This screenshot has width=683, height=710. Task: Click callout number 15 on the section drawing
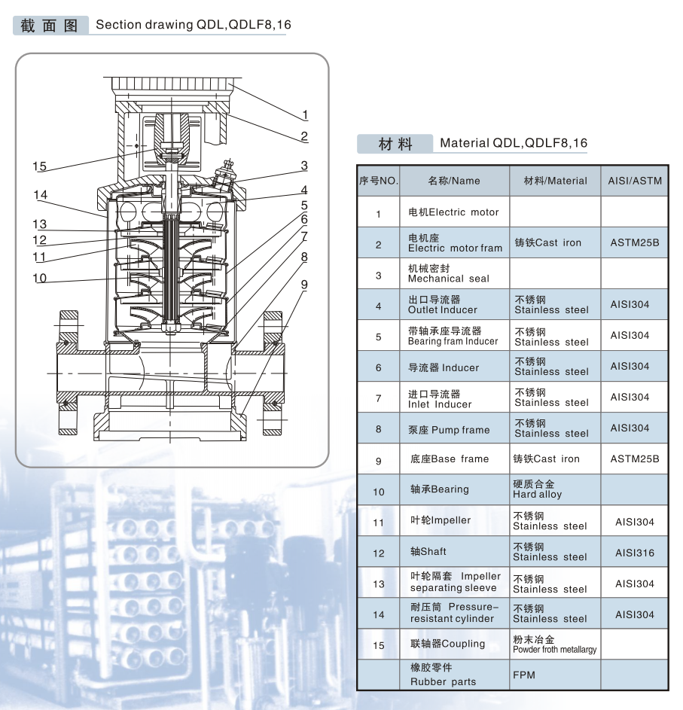[39, 166]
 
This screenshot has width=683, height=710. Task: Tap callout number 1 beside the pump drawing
[305, 115]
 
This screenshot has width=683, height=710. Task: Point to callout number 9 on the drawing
[304, 284]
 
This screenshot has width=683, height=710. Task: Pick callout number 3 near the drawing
[304, 166]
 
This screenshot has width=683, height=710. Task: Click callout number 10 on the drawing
[40, 279]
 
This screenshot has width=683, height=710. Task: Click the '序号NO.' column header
[378, 181]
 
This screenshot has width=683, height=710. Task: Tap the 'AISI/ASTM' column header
[635, 181]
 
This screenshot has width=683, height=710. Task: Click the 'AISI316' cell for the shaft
[635, 553]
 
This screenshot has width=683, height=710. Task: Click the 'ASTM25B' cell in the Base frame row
[635, 459]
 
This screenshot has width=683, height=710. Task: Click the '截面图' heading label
[50, 25]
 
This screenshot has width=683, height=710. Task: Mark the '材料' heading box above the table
[395, 143]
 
